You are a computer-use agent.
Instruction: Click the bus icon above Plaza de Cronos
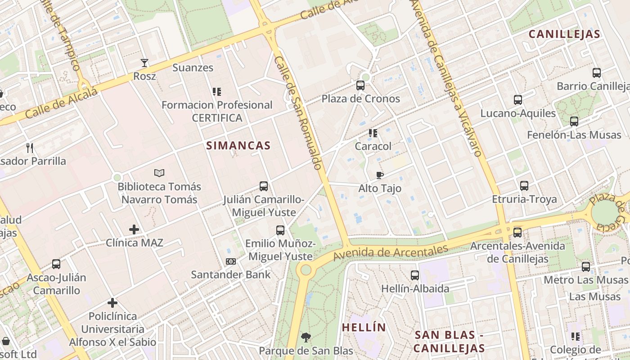point(360,85)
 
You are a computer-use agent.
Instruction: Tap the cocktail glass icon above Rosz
point(144,63)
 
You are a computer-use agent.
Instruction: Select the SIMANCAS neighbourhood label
point(238,145)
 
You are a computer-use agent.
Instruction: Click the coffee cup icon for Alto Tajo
point(380,175)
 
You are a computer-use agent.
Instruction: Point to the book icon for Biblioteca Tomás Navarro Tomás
point(159,173)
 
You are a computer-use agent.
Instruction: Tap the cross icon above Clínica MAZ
point(134,229)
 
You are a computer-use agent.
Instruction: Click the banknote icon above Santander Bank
point(231,261)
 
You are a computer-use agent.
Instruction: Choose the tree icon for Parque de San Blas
point(306,337)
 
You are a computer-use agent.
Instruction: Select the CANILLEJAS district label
point(564,34)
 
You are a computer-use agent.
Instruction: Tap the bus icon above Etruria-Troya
point(524,185)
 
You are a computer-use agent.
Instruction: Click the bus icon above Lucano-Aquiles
point(518,100)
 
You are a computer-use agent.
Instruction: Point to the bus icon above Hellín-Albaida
point(415,275)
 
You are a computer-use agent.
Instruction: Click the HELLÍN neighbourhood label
point(364,327)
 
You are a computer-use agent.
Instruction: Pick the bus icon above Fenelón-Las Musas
point(574,121)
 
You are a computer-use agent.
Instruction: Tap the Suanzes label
point(193,68)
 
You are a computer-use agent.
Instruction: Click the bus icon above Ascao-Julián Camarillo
point(56,264)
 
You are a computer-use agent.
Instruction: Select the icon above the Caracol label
point(373,133)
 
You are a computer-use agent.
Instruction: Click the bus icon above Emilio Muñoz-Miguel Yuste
point(280,230)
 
